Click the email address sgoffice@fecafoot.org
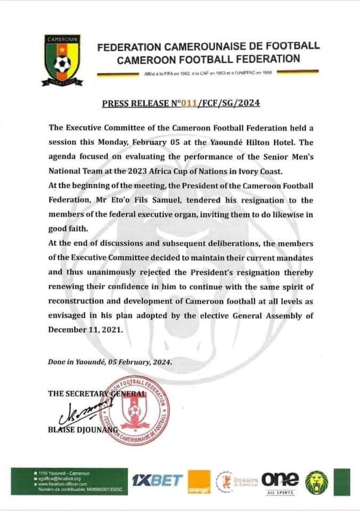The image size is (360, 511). pyautogui.click(x=59, y=479)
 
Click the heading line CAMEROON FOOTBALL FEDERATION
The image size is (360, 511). pyautogui.click(x=209, y=59)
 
